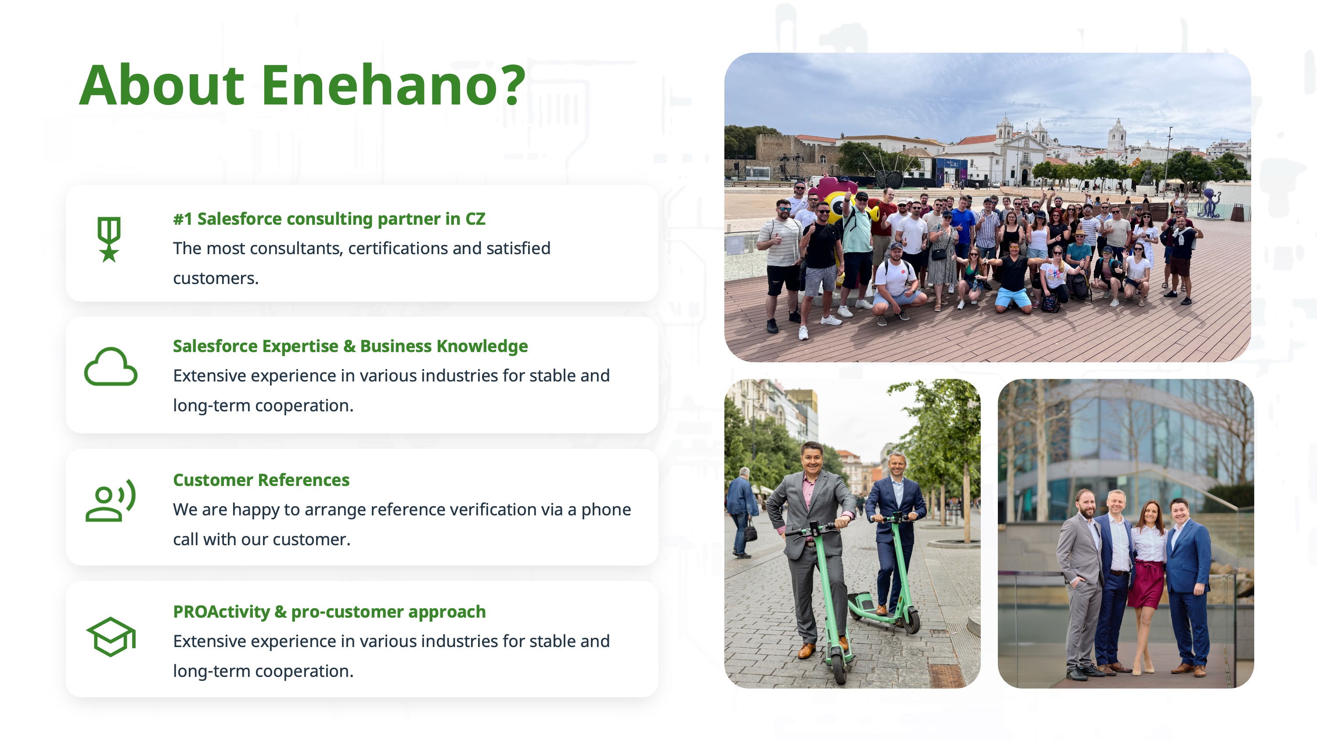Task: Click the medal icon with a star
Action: click(109, 239)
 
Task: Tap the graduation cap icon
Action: click(111, 637)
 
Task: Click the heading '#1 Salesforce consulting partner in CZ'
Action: click(329, 219)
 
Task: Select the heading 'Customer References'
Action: click(261, 480)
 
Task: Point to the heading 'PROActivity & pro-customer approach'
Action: click(329, 612)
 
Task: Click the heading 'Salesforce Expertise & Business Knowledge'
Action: click(350, 346)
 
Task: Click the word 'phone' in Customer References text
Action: click(606, 510)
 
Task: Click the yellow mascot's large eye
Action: click(838, 207)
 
